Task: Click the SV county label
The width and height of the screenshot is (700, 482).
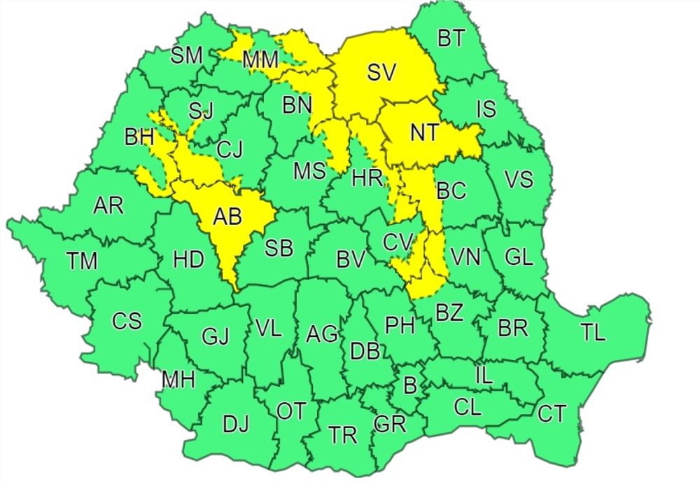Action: click(382, 72)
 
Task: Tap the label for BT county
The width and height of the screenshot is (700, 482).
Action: click(451, 39)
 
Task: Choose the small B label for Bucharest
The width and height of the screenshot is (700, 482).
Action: click(410, 385)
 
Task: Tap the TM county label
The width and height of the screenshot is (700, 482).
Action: click(83, 261)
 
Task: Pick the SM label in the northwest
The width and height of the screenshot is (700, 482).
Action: click(187, 56)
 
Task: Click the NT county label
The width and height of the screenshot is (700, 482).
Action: click(423, 132)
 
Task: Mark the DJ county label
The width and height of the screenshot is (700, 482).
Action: click(236, 424)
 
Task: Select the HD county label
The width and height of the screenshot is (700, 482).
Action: click(188, 260)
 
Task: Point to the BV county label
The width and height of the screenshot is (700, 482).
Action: click(351, 260)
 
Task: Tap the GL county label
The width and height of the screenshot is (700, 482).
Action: click(519, 257)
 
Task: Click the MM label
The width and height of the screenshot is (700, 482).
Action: click(260, 61)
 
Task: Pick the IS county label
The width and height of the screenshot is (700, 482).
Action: click(486, 109)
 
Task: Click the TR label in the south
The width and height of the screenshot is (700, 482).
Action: click(343, 436)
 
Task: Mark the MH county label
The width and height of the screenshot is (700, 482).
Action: click(178, 380)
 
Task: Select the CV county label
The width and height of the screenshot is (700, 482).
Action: click(398, 242)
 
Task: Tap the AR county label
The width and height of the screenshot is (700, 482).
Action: click(108, 206)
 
